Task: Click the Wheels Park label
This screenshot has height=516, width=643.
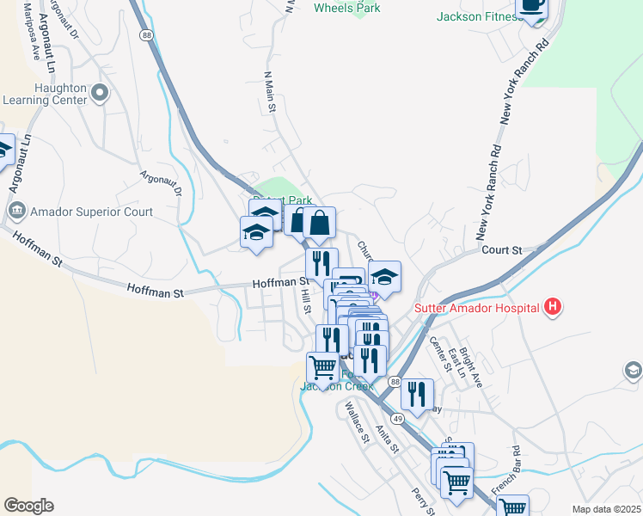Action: tap(347, 8)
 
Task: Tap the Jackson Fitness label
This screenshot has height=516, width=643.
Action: tap(479, 16)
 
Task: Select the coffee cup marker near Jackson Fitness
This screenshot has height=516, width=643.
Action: tap(534, 5)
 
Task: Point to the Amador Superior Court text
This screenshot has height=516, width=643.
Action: tap(91, 212)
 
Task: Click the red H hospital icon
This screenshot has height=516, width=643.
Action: tap(553, 307)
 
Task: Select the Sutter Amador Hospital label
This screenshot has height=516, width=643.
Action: tap(476, 308)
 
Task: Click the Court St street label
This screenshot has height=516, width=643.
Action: tap(502, 250)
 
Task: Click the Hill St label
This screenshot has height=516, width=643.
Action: tap(306, 301)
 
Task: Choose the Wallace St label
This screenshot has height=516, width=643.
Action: tap(356, 422)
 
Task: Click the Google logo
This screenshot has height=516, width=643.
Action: tap(28, 506)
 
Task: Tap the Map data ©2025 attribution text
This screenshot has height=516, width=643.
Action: tap(606, 509)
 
